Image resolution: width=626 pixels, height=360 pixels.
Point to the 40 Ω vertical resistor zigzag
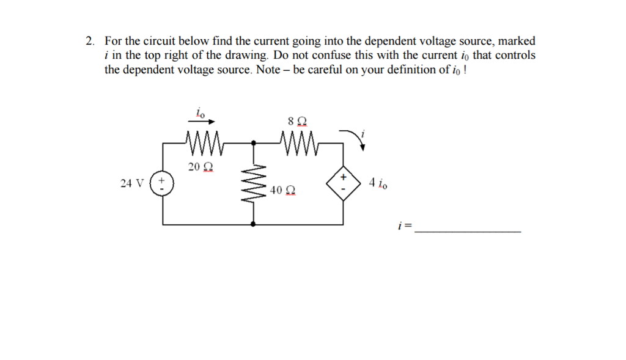(x=255, y=183)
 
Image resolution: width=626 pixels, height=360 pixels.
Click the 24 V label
(x=132, y=183)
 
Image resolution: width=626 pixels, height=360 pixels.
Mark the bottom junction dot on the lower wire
(x=255, y=225)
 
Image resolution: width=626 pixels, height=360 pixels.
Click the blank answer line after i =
(x=468, y=231)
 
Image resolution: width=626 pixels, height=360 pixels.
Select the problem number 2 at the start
(x=89, y=42)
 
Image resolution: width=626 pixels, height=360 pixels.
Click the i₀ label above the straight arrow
(x=200, y=112)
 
